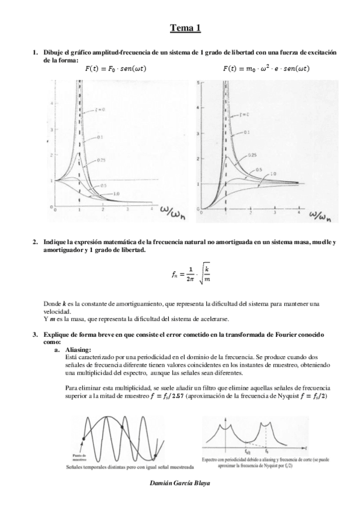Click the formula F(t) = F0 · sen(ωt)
[x=116, y=69]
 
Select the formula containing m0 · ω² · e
[x=266, y=69]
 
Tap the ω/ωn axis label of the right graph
[x=322, y=214]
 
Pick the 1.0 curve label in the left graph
[x=116, y=192]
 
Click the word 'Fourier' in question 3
[x=275, y=334]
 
